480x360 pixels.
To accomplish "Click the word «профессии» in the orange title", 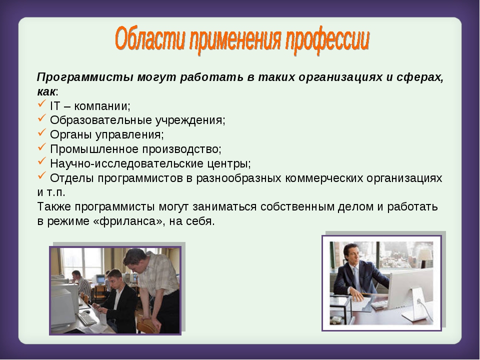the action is point(327,40).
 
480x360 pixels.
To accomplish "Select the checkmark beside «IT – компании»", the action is point(42,104).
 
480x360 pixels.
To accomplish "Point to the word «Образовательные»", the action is point(100,120).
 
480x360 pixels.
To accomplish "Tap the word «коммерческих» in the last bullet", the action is point(324,178).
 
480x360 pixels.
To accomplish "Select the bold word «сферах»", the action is point(420,77).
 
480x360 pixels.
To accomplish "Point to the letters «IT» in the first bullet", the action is point(55,106).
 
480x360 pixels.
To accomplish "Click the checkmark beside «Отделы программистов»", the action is point(42,175).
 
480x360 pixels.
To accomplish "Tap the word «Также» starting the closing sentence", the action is point(54,206).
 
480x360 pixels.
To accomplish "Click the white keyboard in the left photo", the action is point(86,318).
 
